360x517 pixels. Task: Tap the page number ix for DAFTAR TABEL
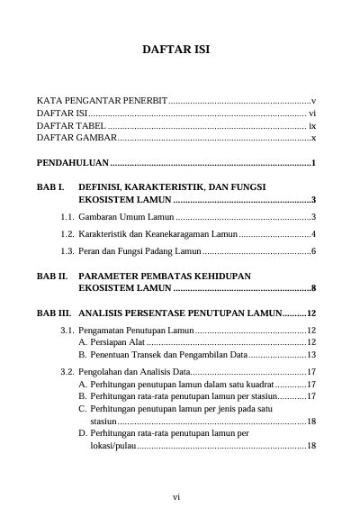click(x=311, y=126)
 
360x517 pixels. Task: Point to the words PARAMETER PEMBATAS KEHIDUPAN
click(x=164, y=277)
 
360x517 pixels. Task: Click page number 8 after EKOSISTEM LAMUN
click(x=312, y=289)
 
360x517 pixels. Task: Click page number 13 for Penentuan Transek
click(x=308, y=355)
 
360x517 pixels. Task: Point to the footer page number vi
click(x=179, y=495)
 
